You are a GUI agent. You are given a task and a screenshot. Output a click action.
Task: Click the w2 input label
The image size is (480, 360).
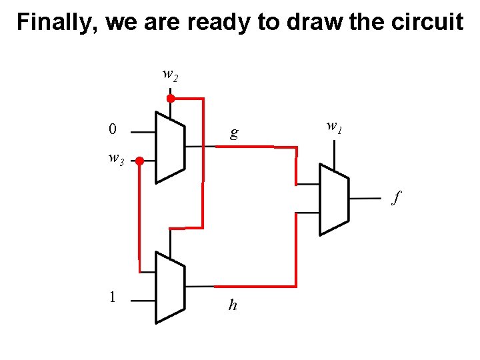[x=170, y=75]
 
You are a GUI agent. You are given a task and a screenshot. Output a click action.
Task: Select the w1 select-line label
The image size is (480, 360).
[x=334, y=126]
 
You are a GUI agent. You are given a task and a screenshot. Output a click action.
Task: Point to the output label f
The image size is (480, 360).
[x=397, y=197]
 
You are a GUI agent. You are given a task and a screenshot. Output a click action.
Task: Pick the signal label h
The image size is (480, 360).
[x=233, y=305]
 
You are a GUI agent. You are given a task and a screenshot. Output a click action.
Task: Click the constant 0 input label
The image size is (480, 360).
[x=113, y=129]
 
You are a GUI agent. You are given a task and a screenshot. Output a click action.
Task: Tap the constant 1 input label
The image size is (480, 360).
[x=113, y=297]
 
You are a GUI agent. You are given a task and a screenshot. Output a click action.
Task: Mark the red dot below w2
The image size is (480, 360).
[x=170, y=99]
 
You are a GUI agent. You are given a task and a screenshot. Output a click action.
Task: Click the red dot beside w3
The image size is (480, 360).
[x=139, y=161]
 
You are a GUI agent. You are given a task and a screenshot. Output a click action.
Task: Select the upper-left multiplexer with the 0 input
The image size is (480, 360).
[x=169, y=147]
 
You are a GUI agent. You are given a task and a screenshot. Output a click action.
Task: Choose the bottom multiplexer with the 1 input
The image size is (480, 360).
[x=169, y=287]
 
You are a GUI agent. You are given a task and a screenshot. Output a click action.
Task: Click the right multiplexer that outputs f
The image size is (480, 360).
[x=334, y=199]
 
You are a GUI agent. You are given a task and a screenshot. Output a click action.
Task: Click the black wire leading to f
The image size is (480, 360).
[x=365, y=199]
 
